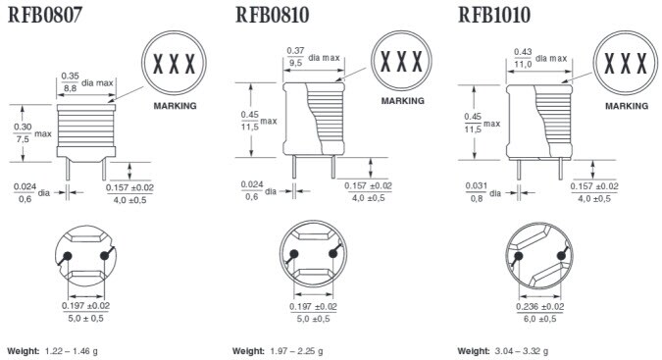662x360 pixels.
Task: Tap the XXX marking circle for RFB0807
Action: [x=175, y=65]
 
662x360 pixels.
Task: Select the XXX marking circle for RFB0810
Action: [x=401, y=62]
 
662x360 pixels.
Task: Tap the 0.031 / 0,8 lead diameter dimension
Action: [x=476, y=192]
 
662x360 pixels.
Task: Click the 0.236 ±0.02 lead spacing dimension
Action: [x=537, y=313]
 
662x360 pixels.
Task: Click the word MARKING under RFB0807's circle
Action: [x=175, y=105]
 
